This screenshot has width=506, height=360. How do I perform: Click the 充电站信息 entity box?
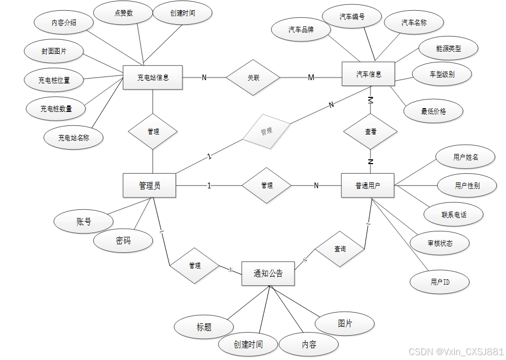click(153, 77)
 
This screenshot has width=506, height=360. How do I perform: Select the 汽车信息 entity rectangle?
click(369, 74)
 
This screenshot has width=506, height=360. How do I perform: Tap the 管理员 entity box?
click(150, 186)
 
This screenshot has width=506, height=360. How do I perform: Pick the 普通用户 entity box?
click(368, 186)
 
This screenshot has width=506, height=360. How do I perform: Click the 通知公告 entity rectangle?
click(268, 273)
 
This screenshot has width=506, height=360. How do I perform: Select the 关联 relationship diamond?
click(253, 77)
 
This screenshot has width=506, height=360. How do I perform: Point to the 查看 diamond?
click(370, 131)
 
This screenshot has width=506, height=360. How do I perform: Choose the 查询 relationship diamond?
click(340, 249)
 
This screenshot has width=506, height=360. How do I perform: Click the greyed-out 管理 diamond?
click(266, 131)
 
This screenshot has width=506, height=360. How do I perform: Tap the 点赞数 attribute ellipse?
click(123, 14)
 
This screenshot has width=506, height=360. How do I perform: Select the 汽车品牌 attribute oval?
click(301, 30)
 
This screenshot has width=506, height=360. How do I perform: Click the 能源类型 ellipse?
click(448, 48)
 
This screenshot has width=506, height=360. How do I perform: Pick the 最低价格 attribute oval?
click(433, 112)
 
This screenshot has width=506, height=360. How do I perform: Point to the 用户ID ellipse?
click(440, 282)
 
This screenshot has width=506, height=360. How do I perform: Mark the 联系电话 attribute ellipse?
click(454, 215)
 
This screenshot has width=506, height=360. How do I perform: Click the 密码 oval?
click(123, 241)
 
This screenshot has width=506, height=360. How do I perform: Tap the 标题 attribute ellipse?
click(204, 327)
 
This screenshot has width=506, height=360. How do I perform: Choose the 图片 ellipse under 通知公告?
click(345, 323)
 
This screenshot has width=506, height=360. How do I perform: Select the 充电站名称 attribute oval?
click(74, 138)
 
